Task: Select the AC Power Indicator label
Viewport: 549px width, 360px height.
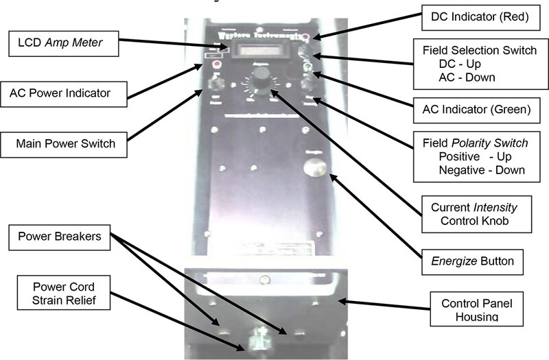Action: (x=65, y=91)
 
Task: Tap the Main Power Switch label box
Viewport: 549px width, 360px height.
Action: (x=66, y=144)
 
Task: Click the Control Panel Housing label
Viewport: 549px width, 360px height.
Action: (x=475, y=309)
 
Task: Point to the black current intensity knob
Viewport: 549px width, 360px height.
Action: (x=260, y=83)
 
